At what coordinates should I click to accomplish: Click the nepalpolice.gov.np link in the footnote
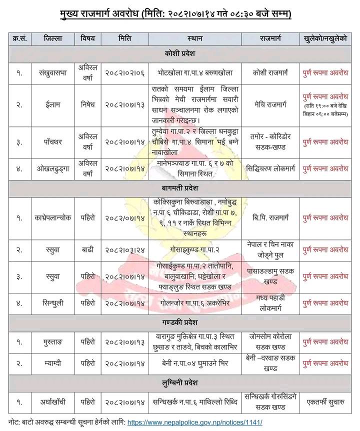pos(195,422)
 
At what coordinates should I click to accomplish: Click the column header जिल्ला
pos(53,38)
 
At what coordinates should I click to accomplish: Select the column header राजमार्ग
pos(270,38)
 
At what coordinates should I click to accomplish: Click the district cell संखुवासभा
pos(53,72)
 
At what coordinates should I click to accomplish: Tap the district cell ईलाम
pos(53,105)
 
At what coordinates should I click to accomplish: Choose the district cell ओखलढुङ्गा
pos(53,169)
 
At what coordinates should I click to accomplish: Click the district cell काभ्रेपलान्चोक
pos(53,218)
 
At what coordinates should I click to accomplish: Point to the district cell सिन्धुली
pos(53,302)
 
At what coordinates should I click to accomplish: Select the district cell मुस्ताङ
pos(53,341)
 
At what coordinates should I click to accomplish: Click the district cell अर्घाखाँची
pos(53,401)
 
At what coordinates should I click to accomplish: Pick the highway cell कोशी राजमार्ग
pos(270,72)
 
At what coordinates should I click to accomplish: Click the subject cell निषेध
pos(90,105)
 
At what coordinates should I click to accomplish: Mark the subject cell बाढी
pos(90,249)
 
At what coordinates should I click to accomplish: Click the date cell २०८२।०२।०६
pos(125,72)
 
